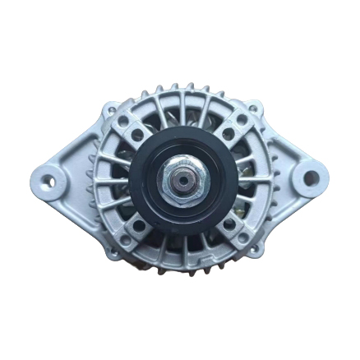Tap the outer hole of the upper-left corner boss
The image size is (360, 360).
click(124, 121)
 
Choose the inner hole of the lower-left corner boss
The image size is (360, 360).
click(137, 224)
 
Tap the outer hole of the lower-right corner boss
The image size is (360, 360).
click(242, 238)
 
